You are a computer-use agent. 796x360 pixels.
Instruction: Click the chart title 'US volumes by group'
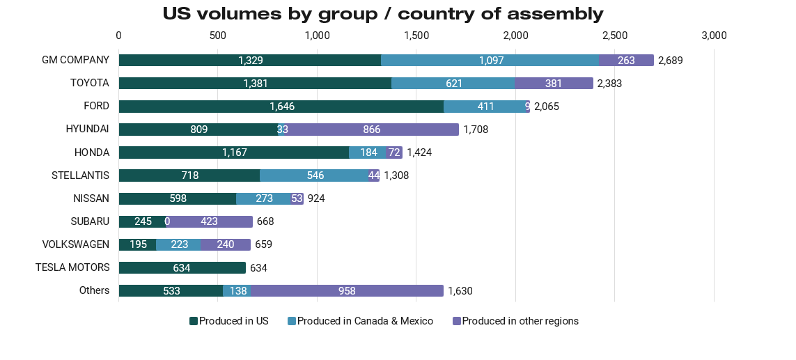[383, 14]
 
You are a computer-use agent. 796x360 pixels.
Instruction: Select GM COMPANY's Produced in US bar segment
[249, 61]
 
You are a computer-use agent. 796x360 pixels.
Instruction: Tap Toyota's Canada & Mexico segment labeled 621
[453, 84]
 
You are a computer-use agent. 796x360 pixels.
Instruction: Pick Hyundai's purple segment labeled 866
[371, 130]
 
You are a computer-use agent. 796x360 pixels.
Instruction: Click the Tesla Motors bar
[182, 268]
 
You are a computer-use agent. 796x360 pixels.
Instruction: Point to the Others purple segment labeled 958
[347, 291]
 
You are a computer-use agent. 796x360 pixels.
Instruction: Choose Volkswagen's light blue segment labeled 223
[178, 245]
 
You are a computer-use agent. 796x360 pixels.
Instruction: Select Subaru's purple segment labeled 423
[209, 222]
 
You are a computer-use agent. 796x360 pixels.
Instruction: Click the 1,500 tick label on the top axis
[416, 36]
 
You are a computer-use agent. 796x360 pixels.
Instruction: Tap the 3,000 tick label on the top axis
[714, 36]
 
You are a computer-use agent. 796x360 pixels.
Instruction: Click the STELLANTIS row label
[80, 175]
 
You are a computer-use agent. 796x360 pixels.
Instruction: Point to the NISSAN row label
[91, 198]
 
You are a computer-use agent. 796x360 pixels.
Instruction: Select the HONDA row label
[92, 152]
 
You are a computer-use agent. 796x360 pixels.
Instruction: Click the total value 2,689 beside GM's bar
[671, 61]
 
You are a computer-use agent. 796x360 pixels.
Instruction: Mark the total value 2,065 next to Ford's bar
[547, 107]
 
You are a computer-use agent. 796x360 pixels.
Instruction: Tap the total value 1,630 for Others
[460, 291]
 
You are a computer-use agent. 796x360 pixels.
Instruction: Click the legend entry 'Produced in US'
[229, 321]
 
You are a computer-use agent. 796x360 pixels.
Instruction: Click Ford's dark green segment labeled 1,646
[281, 107]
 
